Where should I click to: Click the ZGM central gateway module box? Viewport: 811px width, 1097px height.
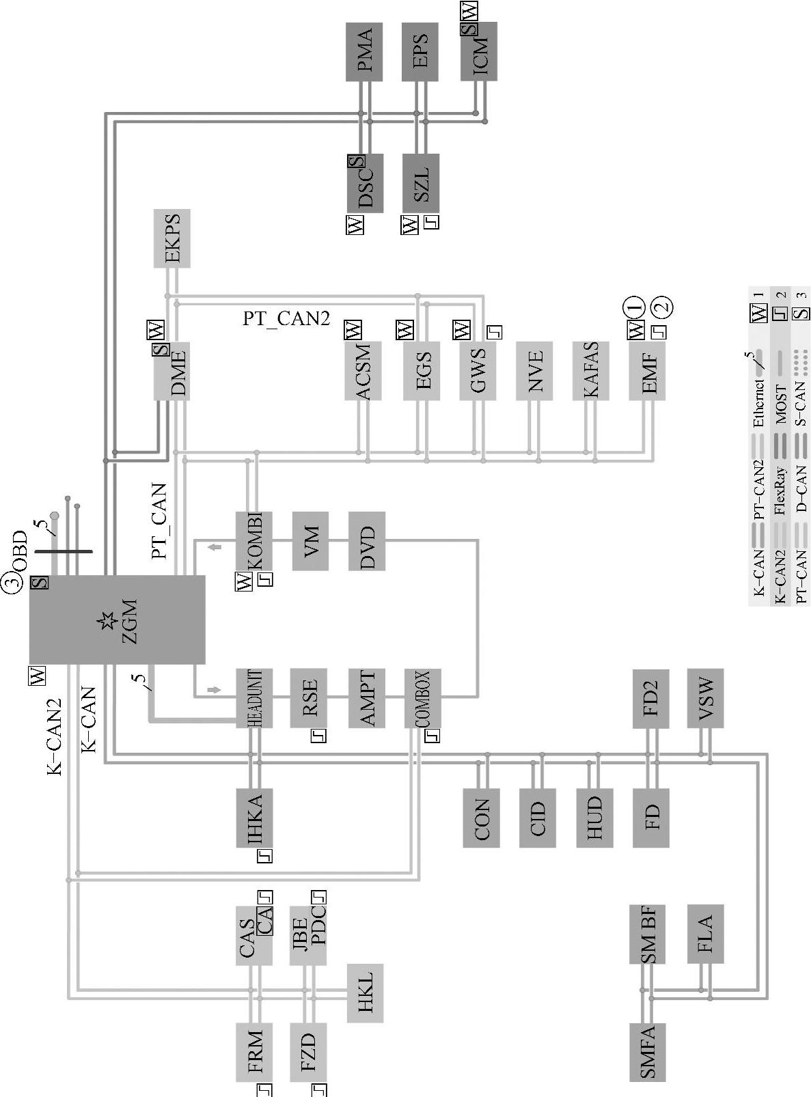117,620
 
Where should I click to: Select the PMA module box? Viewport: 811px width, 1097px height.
364,52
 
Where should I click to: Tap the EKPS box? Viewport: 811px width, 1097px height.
171,238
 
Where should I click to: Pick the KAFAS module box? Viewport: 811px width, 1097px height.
591,370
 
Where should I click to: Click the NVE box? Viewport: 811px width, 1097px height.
534,370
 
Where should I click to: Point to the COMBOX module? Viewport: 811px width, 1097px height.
422,698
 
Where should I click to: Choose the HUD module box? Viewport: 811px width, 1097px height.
594,818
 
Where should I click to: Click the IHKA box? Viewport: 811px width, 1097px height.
254,818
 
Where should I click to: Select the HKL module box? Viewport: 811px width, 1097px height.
365,993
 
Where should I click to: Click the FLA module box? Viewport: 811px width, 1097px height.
704,934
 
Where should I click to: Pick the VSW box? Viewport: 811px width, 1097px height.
704,698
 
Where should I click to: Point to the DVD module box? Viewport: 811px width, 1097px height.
367,541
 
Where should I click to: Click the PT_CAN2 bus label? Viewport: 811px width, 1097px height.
286,318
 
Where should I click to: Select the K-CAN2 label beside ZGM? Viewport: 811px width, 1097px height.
55,736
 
